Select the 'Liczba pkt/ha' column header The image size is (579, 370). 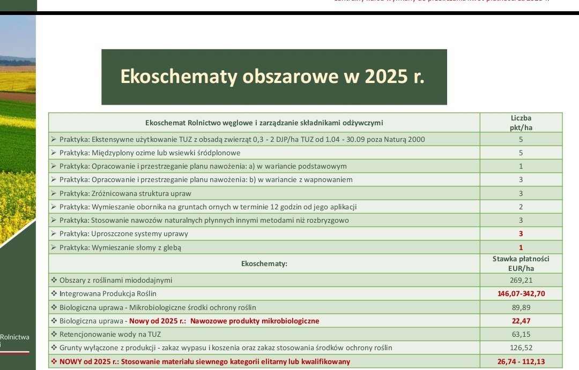[x=521, y=123]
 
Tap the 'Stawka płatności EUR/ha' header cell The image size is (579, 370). [x=521, y=263]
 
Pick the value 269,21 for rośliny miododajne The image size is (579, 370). [x=521, y=280]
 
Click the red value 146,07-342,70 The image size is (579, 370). [x=521, y=293]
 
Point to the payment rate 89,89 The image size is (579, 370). [x=521, y=307]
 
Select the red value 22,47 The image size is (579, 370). [x=521, y=321]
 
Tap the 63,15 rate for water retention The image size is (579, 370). [x=521, y=334]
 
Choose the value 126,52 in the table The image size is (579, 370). [x=521, y=348]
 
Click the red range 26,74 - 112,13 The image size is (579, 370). [x=521, y=361]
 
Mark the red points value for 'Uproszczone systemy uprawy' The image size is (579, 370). [x=521, y=234]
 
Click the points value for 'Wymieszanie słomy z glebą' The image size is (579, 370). [x=521, y=247]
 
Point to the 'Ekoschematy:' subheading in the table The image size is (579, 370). [x=264, y=263]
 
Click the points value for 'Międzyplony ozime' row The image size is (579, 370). [x=521, y=153]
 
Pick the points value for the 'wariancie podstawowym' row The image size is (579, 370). [x=521, y=166]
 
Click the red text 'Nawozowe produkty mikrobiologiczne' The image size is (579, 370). [x=255, y=321]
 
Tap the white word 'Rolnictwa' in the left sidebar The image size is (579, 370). [x=15, y=337]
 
